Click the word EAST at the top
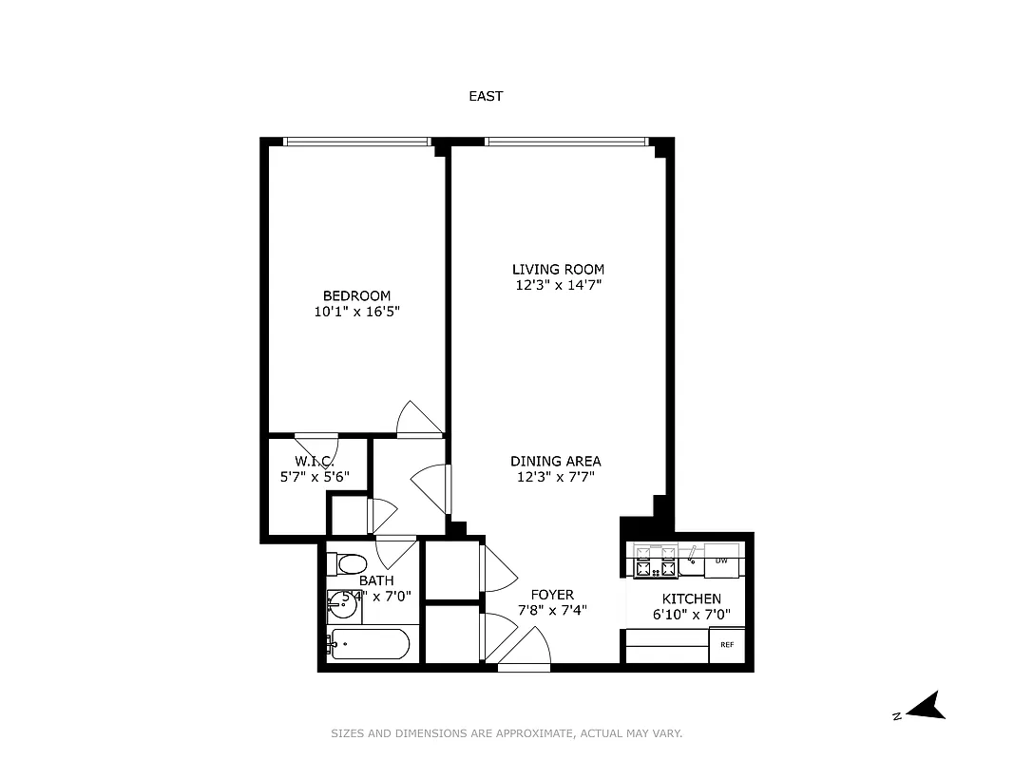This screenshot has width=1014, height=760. [x=486, y=96]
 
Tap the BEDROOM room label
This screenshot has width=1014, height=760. [x=356, y=295]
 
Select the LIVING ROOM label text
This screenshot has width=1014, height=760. [x=558, y=269]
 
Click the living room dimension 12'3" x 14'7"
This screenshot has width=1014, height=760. [x=558, y=284]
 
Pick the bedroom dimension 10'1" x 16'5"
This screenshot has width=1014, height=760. [x=356, y=311]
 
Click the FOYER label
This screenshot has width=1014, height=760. [x=552, y=595]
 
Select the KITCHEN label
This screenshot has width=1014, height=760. [x=691, y=598]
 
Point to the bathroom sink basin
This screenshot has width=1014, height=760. [x=342, y=600]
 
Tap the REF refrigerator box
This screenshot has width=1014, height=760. [x=727, y=645]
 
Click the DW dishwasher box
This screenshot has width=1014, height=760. [x=721, y=560]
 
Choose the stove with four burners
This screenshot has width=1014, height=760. [x=656, y=561]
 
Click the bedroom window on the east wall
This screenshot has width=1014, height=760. [x=356, y=142]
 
